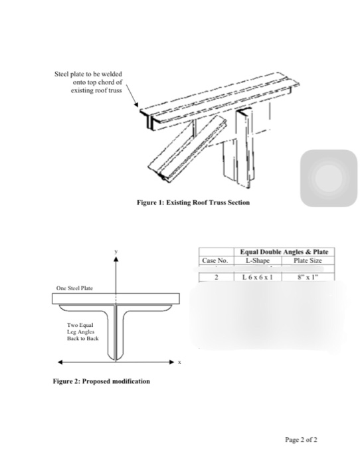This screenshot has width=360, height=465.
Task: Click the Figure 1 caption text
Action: tap(193, 203)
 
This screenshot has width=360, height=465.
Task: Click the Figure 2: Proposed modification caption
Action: tap(102, 381)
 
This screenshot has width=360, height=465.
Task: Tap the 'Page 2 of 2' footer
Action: tap(301, 440)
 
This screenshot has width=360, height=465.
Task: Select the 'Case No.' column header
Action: tap(215, 260)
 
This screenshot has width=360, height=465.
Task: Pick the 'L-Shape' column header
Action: tap(258, 260)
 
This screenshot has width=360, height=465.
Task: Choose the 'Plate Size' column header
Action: tap(308, 260)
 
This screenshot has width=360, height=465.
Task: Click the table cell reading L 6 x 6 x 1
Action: tap(258, 277)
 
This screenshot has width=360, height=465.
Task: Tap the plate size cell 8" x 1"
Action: tap(308, 277)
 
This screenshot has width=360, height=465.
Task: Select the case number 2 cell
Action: tap(216, 277)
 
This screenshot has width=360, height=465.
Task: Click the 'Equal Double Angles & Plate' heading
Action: tap(284, 252)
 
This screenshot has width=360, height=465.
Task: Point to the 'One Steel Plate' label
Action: tap(74, 288)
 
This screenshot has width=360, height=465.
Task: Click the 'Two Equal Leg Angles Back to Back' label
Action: tap(83, 332)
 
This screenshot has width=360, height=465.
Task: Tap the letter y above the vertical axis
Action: tap(116, 252)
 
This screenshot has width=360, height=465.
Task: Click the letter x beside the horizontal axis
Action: tap(179, 362)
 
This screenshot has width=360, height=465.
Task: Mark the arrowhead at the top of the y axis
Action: tap(116, 259)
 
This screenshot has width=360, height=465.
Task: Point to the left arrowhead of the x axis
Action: tap(60, 362)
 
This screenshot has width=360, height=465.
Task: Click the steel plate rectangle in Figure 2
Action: tap(116, 299)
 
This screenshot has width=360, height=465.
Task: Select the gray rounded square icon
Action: tap(329, 178)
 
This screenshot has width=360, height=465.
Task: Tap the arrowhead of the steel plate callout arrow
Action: tap(136, 104)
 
